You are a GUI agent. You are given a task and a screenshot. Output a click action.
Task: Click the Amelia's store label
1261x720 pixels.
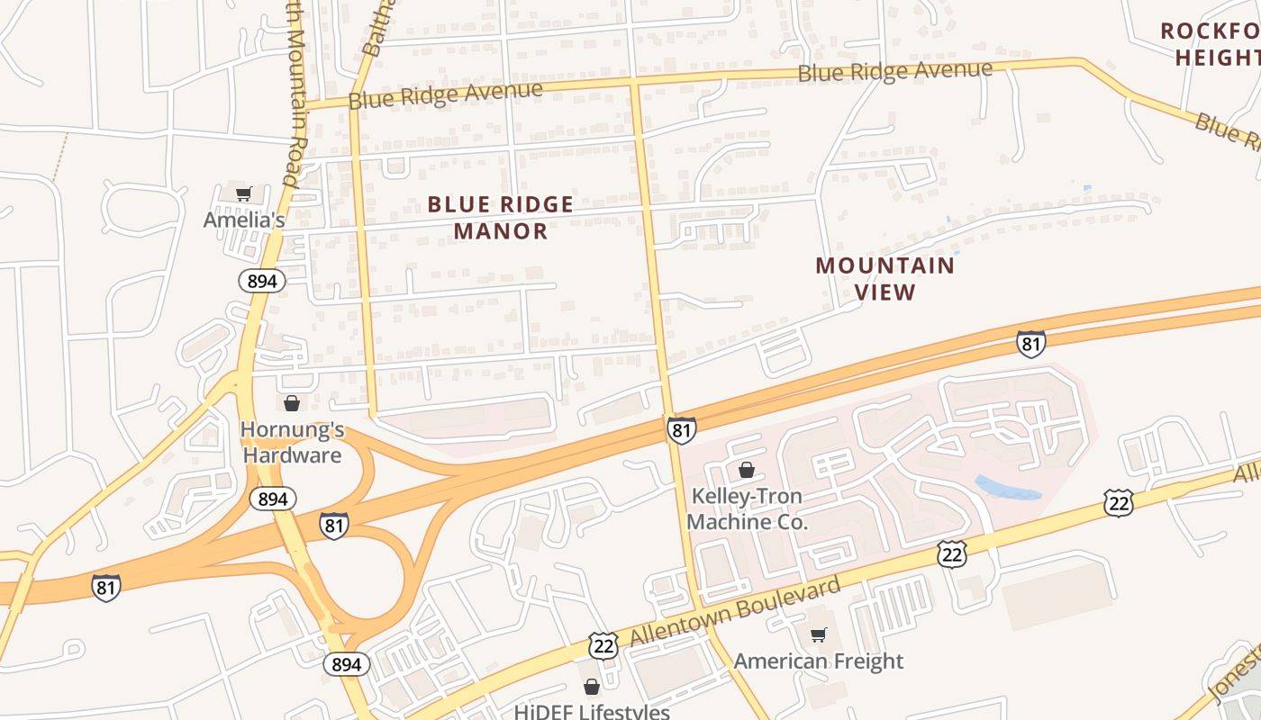click(244, 220)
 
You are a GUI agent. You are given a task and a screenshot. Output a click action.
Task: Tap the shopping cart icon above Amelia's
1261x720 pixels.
click(243, 193)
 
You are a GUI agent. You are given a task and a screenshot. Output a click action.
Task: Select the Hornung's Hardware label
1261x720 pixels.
click(291, 443)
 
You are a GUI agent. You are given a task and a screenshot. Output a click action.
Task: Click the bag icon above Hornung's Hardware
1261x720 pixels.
click(291, 402)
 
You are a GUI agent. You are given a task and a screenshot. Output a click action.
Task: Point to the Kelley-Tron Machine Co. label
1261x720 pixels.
click(747, 508)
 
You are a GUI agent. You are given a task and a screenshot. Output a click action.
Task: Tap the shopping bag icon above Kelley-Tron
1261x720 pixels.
click(746, 470)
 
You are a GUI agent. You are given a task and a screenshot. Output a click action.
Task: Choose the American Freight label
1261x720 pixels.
click(818, 661)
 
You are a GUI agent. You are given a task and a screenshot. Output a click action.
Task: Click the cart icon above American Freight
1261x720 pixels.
click(818, 635)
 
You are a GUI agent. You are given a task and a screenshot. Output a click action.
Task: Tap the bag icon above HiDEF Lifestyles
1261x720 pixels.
click(591, 688)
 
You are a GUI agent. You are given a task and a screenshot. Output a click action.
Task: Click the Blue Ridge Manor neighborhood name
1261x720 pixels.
click(501, 218)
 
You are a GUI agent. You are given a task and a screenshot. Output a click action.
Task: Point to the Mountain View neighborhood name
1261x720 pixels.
click(885, 278)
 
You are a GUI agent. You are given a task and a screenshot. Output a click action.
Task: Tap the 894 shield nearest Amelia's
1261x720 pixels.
click(262, 281)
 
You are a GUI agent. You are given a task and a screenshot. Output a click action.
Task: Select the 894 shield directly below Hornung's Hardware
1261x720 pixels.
click(272, 499)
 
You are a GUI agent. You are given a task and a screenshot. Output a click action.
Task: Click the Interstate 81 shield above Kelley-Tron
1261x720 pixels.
click(682, 430)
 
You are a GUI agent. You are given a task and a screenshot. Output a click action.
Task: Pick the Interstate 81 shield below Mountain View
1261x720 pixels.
click(1031, 344)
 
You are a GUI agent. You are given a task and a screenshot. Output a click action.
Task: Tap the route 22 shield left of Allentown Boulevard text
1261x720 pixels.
click(603, 644)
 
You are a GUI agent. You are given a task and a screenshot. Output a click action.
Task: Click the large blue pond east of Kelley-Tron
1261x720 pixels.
click(1008, 488)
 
